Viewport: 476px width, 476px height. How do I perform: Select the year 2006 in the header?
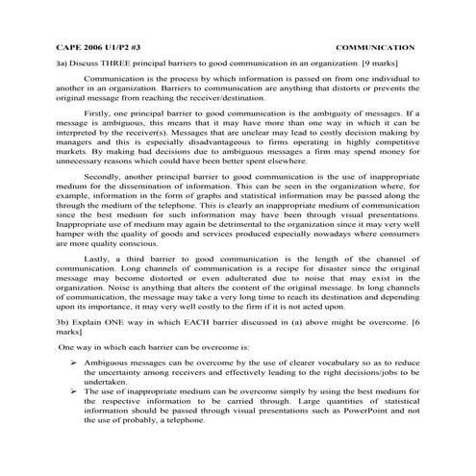[95, 45]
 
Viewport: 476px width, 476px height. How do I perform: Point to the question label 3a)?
[63, 61]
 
